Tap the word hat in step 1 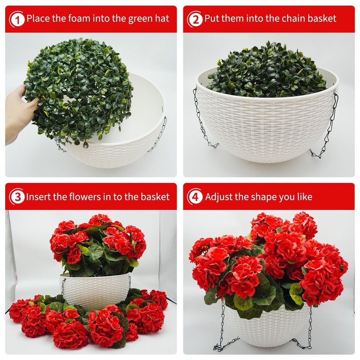[162, 18]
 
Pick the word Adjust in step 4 [219, 197]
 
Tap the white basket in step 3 [96, 291]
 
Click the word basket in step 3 [154, 196]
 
